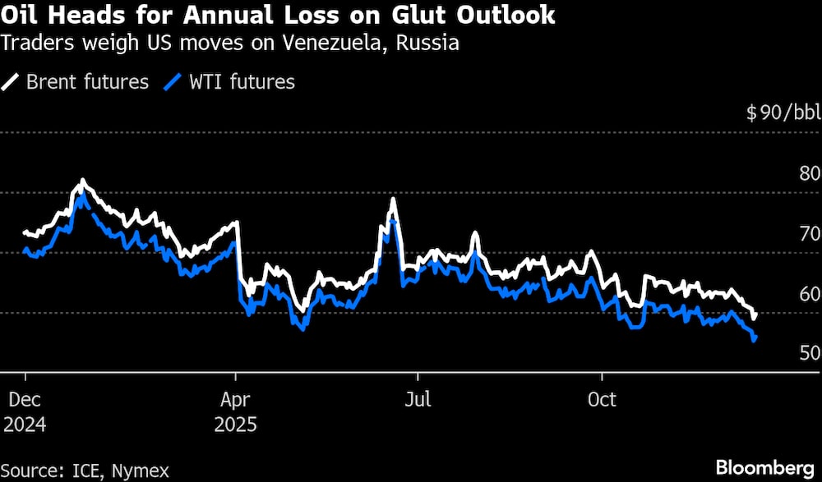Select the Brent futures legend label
click(x=87, y=81)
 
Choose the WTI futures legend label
click(x=241, y=81)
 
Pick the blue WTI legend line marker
click(x=173, y=81)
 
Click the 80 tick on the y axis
click(x=810, y=173)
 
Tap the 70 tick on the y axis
click(x=810, y=233)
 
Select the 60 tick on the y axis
click(x=810, y=293)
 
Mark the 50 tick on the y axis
click(x=810, y=353)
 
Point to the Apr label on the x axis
click(x=236, y=400)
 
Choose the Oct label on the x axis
click(x=602, y=400)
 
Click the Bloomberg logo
click(x=764, y=467)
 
